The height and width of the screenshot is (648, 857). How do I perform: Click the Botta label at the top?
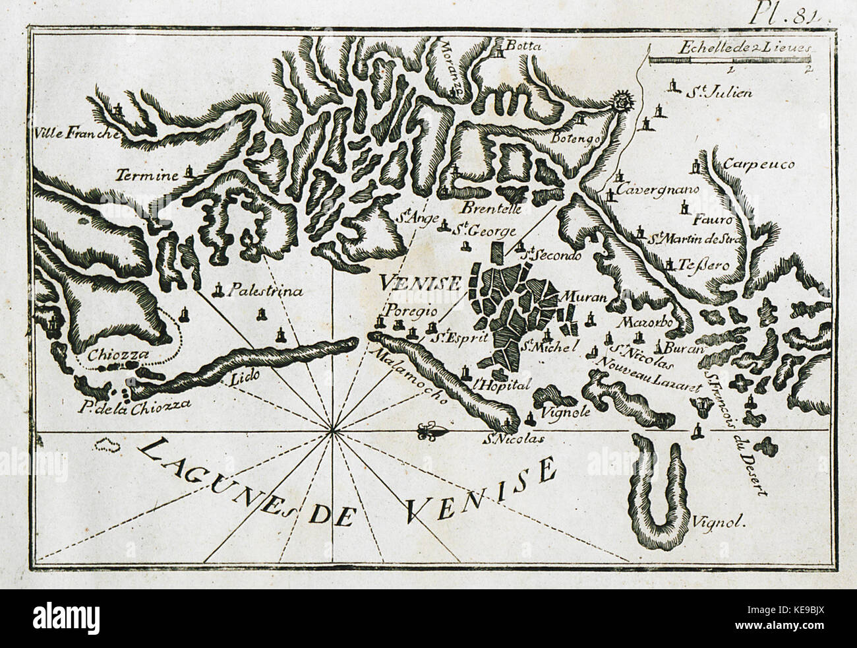tap(525, 47)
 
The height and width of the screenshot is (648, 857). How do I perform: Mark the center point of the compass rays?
tap(333, 432)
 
